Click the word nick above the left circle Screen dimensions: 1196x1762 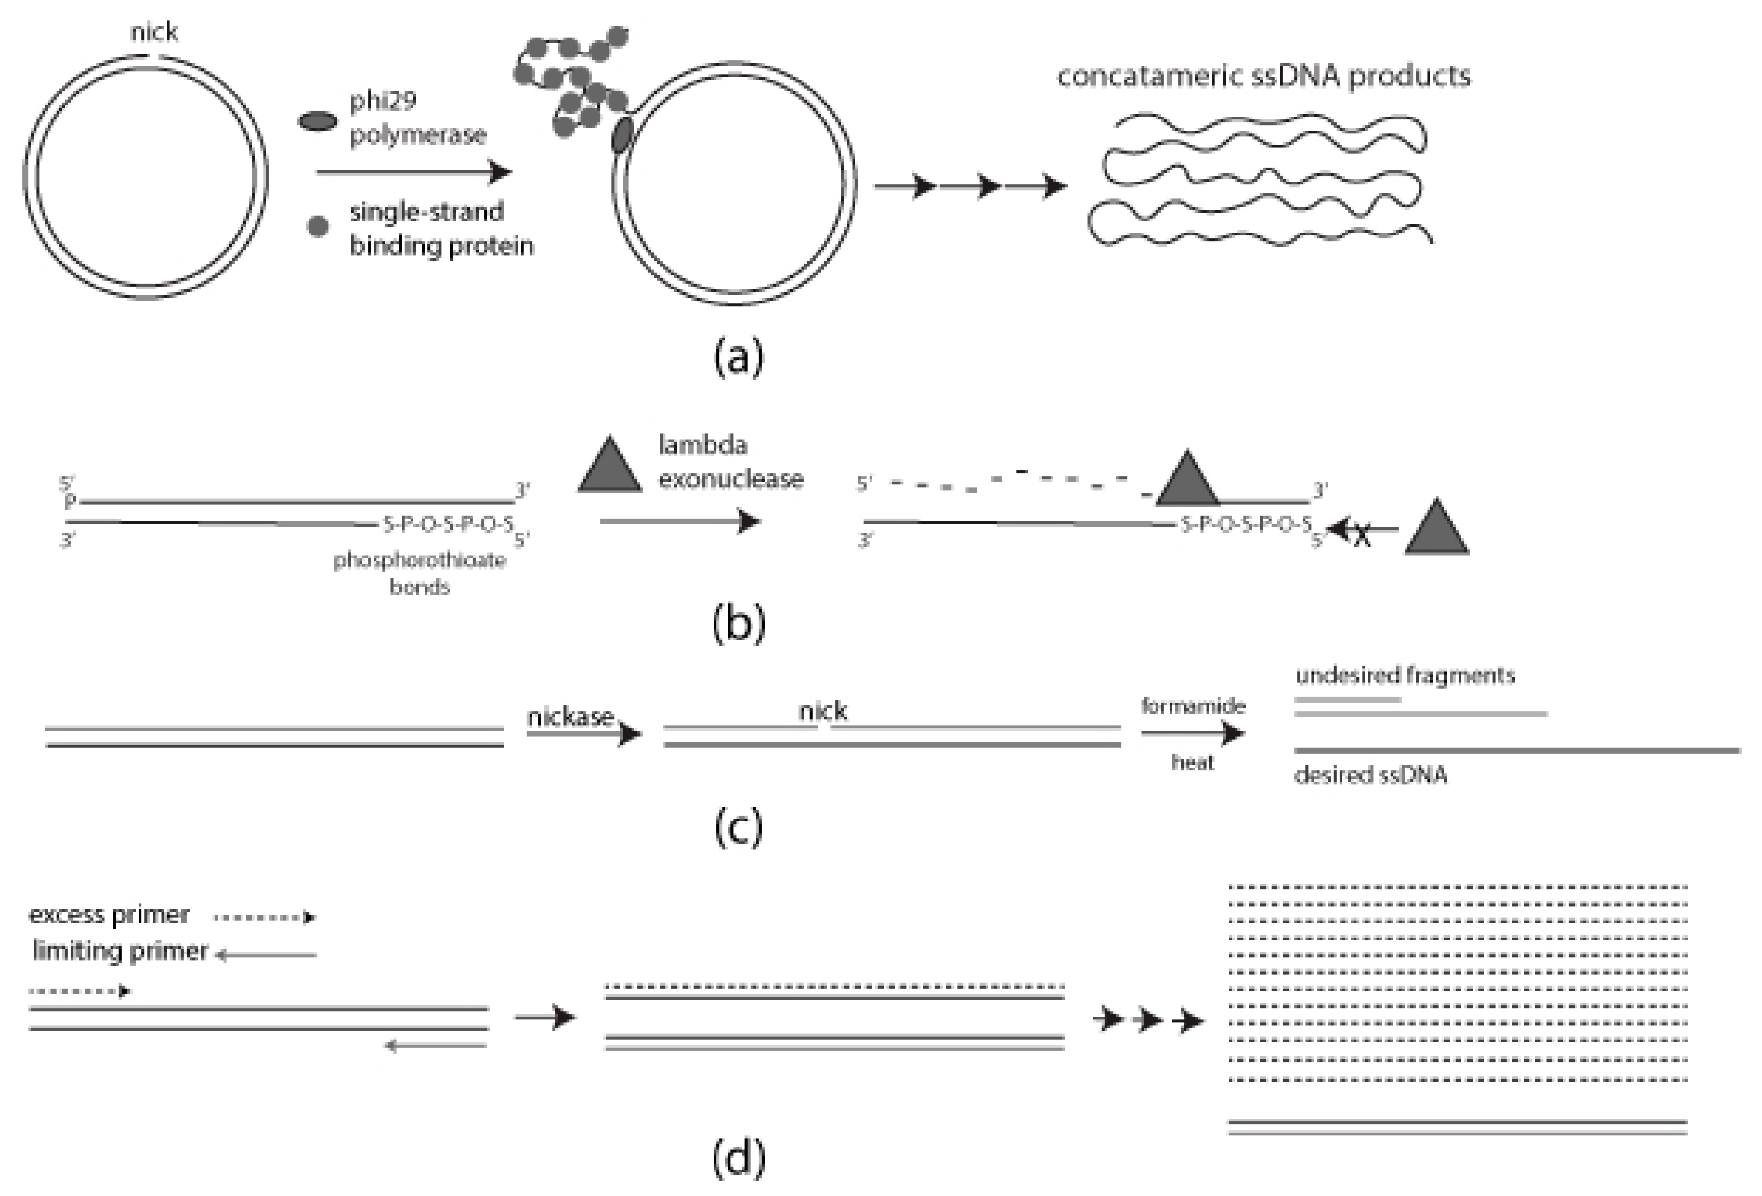click(154, 32)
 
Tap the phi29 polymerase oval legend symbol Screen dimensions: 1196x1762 click(318, 121)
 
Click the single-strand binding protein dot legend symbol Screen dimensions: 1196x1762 click(318, 226)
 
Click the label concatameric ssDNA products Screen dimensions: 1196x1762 click(1264, 76)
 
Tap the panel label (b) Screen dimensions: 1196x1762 click(738, 623)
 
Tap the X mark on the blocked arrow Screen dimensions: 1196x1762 click(1363, 536)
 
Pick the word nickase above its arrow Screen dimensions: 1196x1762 click(570, 716)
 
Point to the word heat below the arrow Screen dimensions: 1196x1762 click(1193, 763)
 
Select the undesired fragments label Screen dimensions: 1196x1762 click(1405, 675)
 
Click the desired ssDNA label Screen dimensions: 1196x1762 click(1371, 774)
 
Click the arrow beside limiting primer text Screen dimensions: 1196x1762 click(265, 955)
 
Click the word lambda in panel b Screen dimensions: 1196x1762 click(702, 444)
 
